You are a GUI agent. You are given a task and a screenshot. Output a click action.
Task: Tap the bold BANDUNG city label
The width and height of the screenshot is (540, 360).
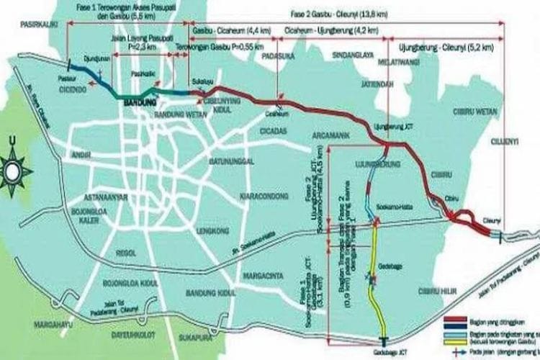140,103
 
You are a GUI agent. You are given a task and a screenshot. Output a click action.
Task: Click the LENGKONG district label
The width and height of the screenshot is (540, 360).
213,230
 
